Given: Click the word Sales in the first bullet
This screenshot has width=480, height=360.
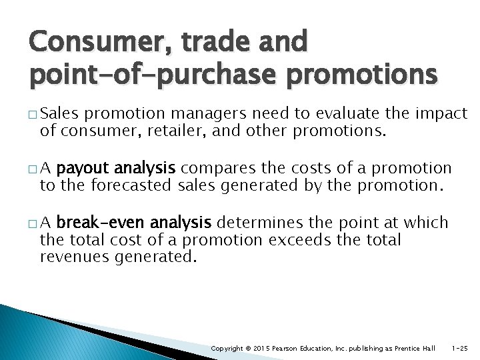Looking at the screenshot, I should pyautogui.click(x=63, y=114).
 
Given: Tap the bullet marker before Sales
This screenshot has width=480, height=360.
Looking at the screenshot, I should pyautogui.click(x=43, y=115).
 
